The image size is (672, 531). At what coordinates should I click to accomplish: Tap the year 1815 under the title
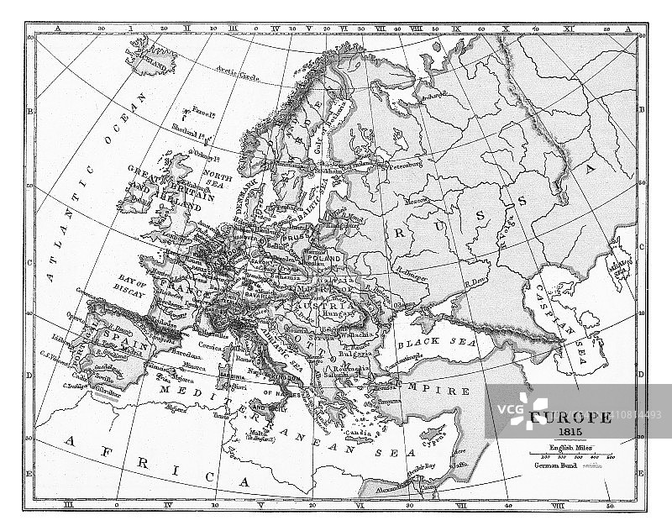(x=570, y=431)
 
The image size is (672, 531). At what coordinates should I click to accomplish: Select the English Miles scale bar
(x=571, y=456)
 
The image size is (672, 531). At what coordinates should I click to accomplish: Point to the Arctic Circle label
(x=238, y=73)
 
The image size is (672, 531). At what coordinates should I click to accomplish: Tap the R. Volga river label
(x=505, y=227)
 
